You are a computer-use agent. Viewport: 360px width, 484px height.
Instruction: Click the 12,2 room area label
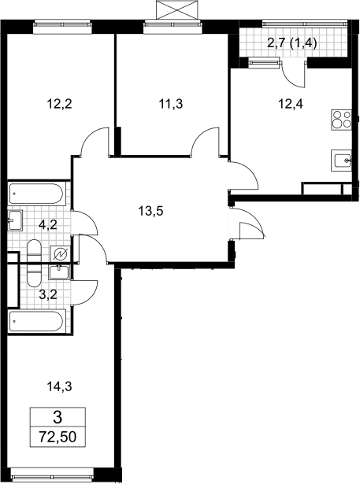point(59,104)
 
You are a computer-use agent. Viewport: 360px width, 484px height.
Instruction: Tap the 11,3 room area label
point(171,104)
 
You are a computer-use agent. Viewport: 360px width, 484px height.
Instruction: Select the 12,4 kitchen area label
point(291,104)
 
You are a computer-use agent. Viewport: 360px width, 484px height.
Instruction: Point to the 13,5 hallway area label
point(150,212)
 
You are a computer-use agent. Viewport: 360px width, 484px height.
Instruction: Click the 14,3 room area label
point(59,386)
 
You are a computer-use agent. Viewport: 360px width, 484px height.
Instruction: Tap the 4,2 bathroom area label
point(48,225)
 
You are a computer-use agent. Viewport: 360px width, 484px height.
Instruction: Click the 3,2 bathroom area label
point(48,295)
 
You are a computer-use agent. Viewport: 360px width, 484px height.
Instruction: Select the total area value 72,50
point(58,437)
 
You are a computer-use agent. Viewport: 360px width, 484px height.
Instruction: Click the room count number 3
point(58,417)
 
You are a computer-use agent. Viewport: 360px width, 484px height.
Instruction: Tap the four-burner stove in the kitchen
point(341,120)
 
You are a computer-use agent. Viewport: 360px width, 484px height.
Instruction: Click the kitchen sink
point(341,161)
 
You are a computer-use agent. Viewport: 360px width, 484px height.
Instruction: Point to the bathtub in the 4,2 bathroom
point(37,194)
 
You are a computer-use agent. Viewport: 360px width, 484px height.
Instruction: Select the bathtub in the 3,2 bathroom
point(37,321)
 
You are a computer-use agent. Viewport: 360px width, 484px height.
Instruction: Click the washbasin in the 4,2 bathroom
point(15,220)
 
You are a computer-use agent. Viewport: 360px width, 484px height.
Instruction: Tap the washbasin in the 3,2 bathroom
point(60,272)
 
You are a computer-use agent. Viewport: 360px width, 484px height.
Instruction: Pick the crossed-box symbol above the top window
point(176,9)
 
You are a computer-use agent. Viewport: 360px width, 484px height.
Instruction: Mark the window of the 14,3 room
point(52,472)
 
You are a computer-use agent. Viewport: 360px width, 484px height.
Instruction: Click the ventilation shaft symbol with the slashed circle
point(60,254)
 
